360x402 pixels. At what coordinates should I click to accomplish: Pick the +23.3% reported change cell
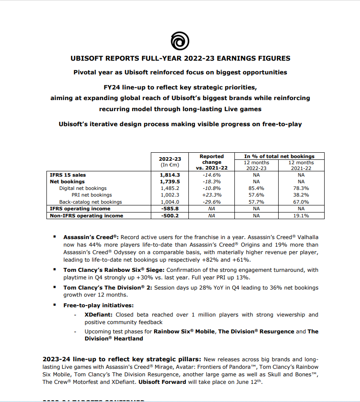212,195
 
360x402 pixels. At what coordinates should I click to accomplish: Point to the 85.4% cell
257,188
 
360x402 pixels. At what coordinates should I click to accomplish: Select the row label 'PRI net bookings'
92,195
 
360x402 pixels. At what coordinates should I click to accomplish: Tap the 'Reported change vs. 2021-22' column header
212,162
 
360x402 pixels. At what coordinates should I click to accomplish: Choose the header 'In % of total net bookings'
280,156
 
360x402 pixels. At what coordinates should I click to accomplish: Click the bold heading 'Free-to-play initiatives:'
98,305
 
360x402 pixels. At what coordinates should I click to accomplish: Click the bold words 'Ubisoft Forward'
164,382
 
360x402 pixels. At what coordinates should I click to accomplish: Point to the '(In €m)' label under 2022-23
170,165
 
